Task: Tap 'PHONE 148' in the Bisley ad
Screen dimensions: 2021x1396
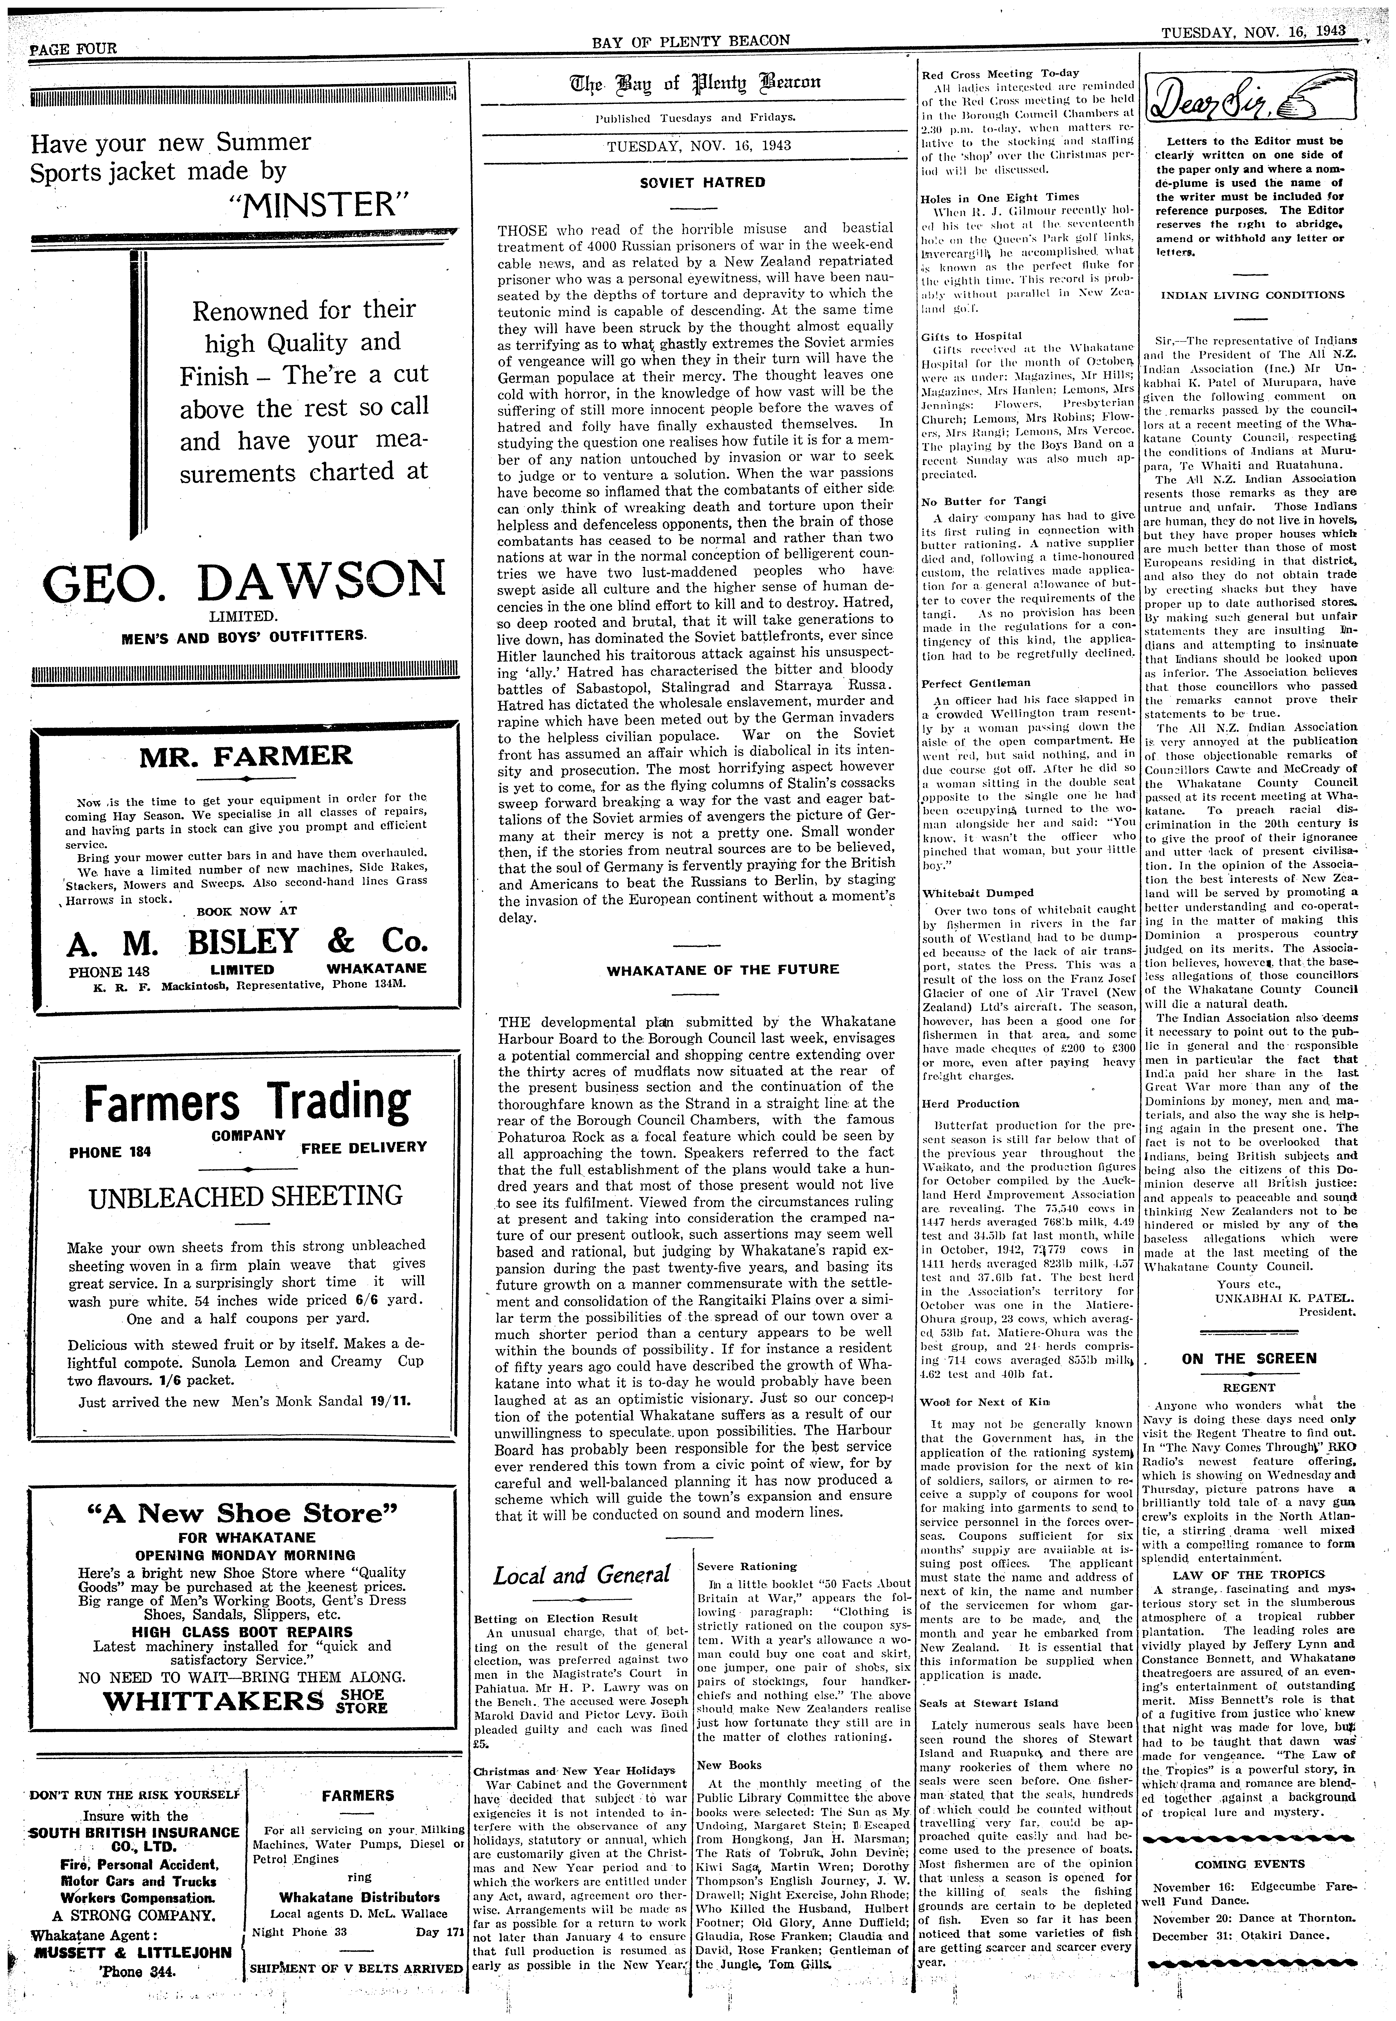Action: [109, 971]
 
